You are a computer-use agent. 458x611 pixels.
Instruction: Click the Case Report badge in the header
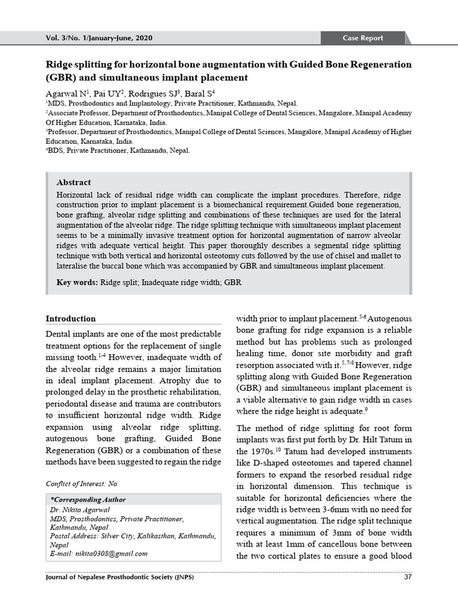click(363, 38)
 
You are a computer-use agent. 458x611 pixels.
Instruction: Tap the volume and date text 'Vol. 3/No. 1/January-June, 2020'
click(99, 38)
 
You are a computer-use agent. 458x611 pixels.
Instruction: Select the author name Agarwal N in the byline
click(66, 94)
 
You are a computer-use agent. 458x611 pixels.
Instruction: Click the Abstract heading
click(73, 183)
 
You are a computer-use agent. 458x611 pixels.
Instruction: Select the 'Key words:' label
click(78, 282)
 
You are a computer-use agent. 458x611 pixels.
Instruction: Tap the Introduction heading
click(70, 319)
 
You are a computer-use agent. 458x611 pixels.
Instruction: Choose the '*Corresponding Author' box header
click(88, 499)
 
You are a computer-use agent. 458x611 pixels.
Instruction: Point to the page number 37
click(407, 578)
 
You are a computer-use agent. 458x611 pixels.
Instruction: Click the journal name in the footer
click(119, 578)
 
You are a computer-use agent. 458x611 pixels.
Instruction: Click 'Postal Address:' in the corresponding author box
click(73, 536)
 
